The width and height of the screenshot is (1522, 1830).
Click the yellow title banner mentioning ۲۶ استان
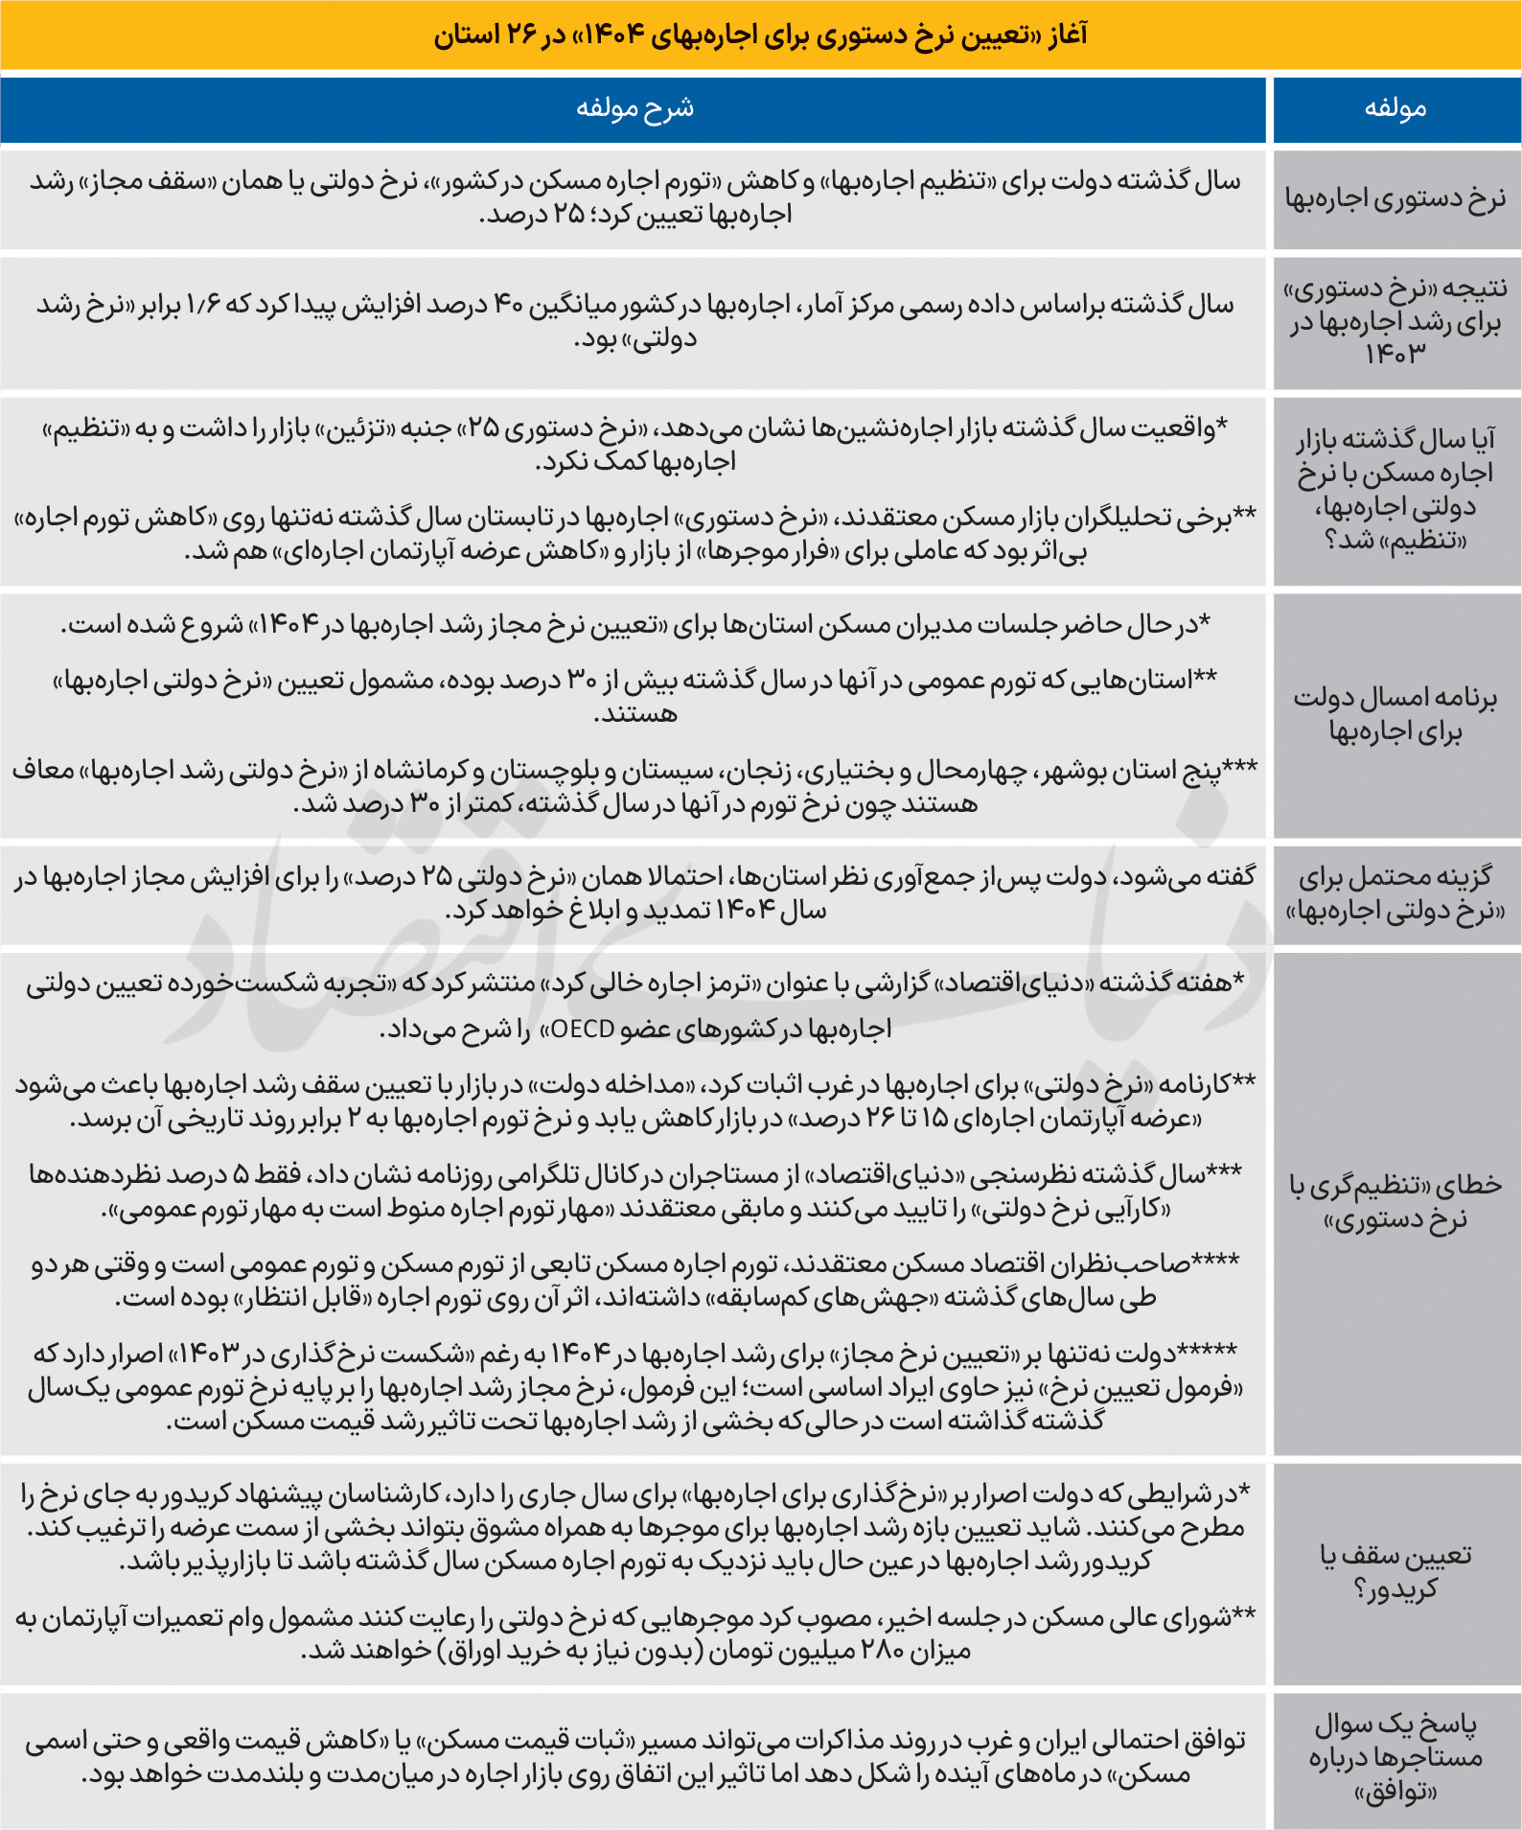(761, 35)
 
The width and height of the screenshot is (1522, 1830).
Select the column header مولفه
(1395, 108)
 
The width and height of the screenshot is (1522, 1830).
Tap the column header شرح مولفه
(634, 108)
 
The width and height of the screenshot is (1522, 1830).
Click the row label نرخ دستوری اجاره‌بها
(1395, 199)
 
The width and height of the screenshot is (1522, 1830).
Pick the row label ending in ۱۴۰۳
(1395, 322)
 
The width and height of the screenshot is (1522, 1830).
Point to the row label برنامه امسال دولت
(1395, 714)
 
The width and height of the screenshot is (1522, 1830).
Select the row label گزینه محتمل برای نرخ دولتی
(1395, 893)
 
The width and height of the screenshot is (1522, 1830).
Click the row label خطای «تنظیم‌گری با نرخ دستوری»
(1395, 1202)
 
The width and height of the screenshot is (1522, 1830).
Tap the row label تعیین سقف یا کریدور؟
(1395, 1572)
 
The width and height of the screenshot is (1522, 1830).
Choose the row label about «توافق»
(1395, 1758)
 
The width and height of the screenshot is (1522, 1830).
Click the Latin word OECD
(583, 1030)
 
